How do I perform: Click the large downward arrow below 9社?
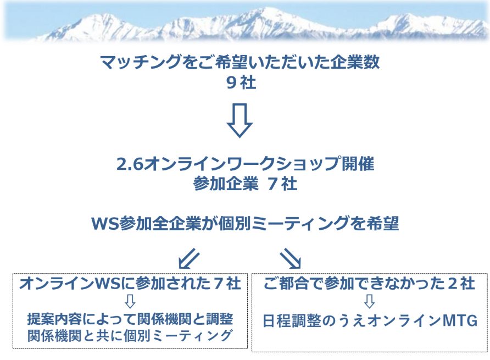coord(240,120)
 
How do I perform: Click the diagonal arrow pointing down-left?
coord(189,259)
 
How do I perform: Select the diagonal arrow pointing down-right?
coord(291,259)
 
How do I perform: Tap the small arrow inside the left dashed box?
coord(130,301)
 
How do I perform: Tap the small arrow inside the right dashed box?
coord(369,301)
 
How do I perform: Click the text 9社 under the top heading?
coord(241,83)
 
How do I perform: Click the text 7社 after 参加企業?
coord(282,184)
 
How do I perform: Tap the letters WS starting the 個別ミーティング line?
coord(105,224)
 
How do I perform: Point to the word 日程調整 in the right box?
coord(292,321)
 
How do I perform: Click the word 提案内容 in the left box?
coord(55,319)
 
